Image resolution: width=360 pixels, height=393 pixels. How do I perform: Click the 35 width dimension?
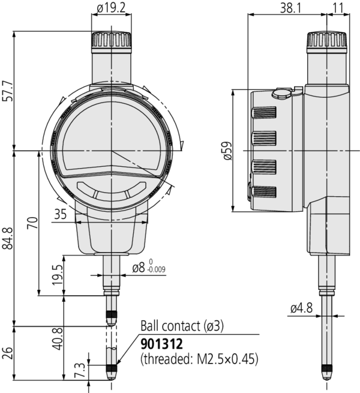point(61,214)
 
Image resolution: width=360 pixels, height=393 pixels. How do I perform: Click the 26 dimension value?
point(8,353)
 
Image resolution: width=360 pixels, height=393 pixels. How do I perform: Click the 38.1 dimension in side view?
point(287,8)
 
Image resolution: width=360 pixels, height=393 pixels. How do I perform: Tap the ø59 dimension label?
point(226,150)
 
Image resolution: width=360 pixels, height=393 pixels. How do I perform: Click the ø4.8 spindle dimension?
point(300,308)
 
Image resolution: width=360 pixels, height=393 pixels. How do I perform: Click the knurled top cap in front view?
point(112,42)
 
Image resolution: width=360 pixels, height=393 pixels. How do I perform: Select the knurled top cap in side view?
point(327,42)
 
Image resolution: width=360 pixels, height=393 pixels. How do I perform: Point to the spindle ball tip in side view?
point(327,374)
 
